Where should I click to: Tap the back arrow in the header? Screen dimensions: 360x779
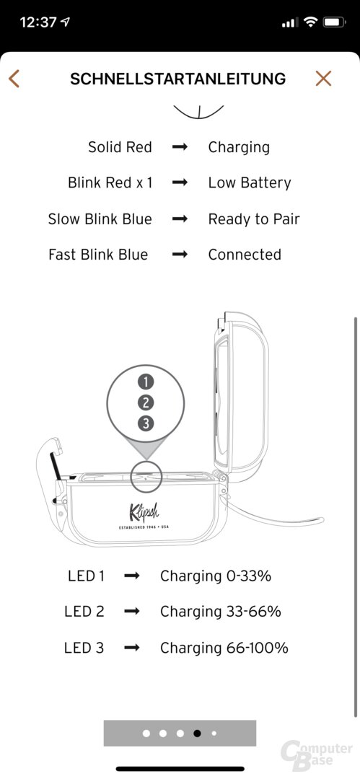coord(14,79)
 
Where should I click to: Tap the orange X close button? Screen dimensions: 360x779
coord(323,79)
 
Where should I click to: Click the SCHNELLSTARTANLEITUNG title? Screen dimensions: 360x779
coord(178,79)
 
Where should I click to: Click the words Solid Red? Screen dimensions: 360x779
coord(120,147)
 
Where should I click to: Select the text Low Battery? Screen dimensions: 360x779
coord(250,182)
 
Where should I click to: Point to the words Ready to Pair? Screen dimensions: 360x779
coord(254,219)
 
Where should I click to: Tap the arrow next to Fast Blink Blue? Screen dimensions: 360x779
coord(180,255)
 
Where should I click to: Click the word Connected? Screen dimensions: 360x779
coord(245,255)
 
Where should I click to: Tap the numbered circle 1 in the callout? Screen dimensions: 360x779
coord(146,382)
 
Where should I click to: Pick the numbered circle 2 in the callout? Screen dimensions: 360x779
coord(146,402)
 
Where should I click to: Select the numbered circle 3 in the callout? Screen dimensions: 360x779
coord(146,423)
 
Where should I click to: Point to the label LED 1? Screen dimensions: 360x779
coord(86,576)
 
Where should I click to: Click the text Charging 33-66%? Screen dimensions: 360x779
coord(220,612)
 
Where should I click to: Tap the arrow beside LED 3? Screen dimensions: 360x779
coord(132,648)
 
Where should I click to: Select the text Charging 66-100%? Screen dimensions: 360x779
coord(224,648)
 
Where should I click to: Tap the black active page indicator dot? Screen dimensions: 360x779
coord(198,733)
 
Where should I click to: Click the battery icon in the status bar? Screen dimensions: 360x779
coord(334,22)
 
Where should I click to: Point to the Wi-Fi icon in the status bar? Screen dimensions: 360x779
coord(311,22)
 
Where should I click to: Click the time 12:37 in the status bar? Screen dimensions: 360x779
coord(39,22)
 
